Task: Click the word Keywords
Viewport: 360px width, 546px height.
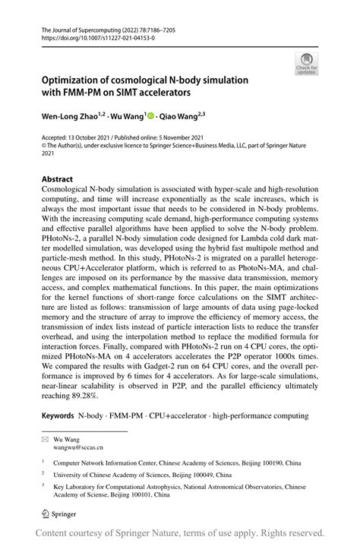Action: point(58,418)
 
